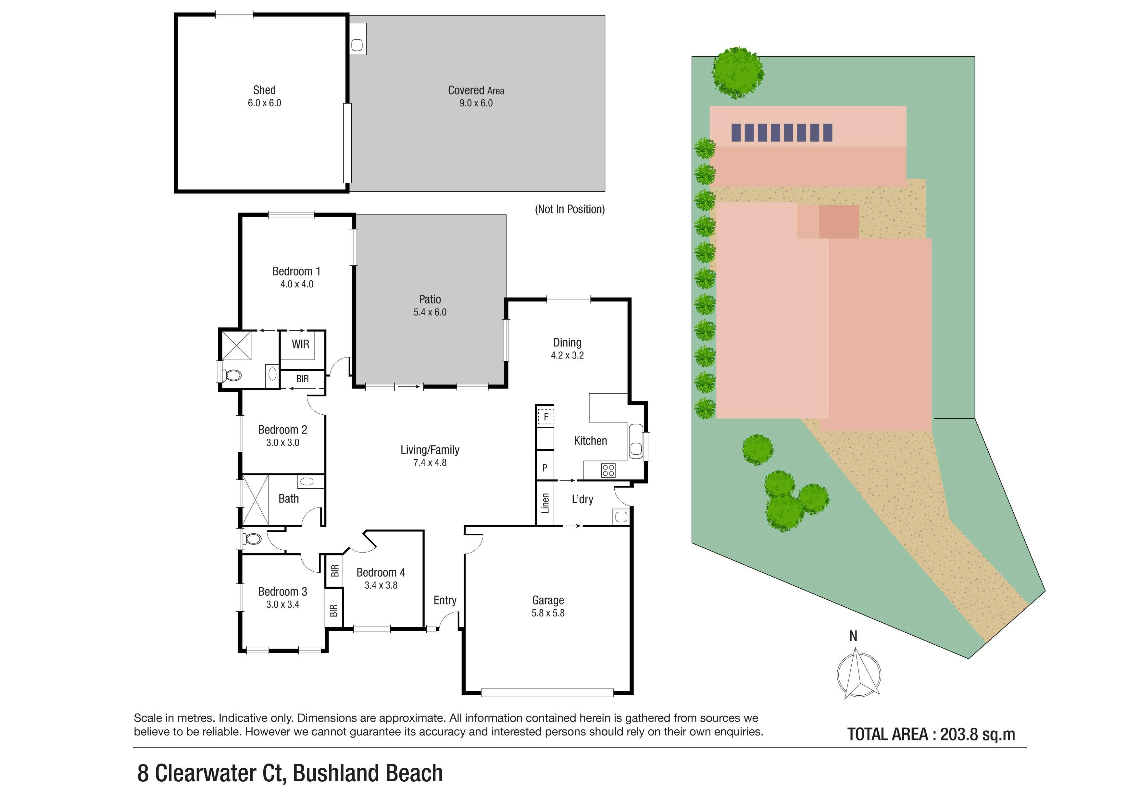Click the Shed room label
tap(264, 90)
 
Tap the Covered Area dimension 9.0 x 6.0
tap(476, 103)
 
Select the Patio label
tap(430, 299)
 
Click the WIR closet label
tap(300, 344)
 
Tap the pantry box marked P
tap(545, 468)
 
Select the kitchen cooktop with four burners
tap(608, 470)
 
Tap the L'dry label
tap(582, 499)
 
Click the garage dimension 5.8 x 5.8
tap(548, 613)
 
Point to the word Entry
tap(445, 600)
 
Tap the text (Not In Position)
tap(569, 209)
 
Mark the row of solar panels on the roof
tap(782, 133)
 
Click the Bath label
tap(289, 499)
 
